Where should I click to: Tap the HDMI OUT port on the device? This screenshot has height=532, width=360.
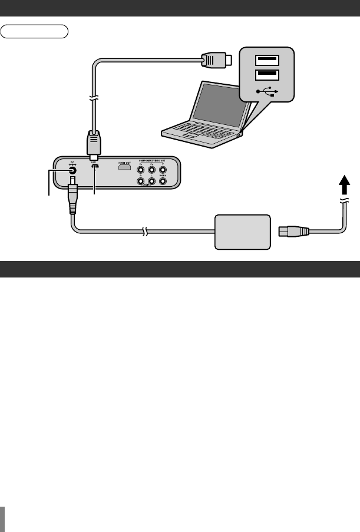coord(124,168)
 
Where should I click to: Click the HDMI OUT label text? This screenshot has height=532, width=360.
coord(124,161)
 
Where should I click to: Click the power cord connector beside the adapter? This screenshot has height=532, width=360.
coord(292,231)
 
